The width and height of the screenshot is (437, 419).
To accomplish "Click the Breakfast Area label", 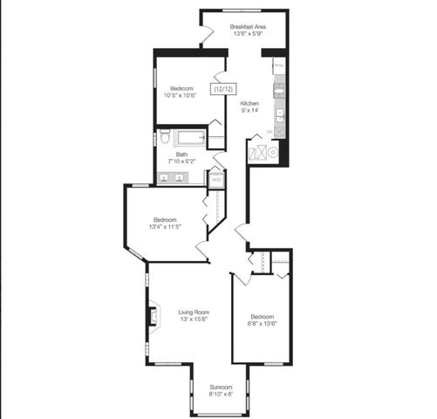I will point(248,27).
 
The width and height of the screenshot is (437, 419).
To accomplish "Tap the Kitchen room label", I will point(250,102).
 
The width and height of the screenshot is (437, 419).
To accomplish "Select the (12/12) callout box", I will point(222,88).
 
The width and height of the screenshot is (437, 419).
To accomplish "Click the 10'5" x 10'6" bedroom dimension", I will point(182,95).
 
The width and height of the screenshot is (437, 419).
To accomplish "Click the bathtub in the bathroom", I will point(189,137).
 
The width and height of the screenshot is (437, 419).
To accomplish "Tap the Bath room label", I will point(181,155).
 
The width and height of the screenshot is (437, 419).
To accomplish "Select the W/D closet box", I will point(216,180).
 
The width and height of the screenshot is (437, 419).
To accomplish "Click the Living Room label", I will point(194,312).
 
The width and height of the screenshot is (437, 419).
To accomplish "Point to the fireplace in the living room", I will point(152,314).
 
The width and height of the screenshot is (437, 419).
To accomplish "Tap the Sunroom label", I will point(220,387).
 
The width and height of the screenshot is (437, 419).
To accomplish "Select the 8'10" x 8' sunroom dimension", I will point(220,395).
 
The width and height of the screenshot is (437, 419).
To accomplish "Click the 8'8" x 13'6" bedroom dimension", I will point(262,323).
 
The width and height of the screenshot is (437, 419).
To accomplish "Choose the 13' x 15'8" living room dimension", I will point(194,319).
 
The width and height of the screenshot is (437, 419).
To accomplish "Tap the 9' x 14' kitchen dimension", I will point(250,110).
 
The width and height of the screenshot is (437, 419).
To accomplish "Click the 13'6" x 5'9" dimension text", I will point(248,35).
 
